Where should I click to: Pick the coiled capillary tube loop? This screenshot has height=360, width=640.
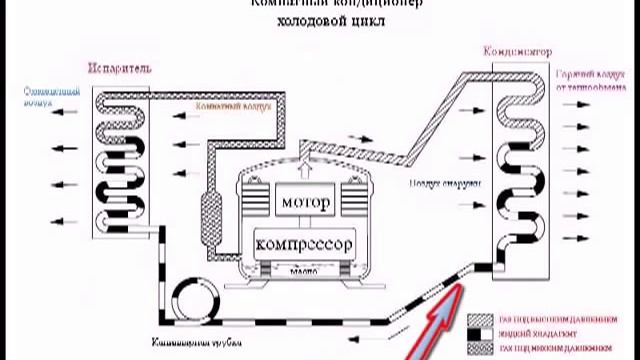195,296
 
